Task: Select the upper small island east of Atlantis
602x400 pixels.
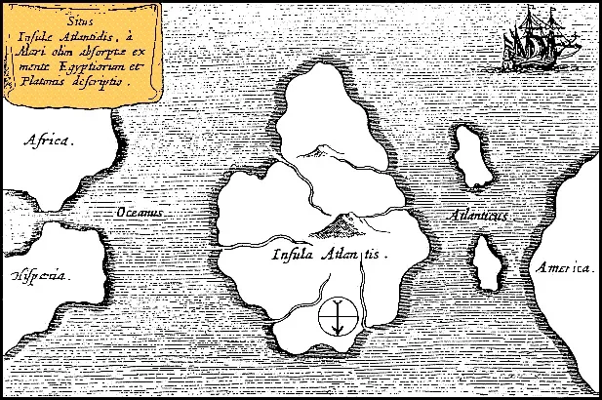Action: click(472, 156)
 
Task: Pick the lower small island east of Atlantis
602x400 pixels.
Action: click(485, 264)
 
